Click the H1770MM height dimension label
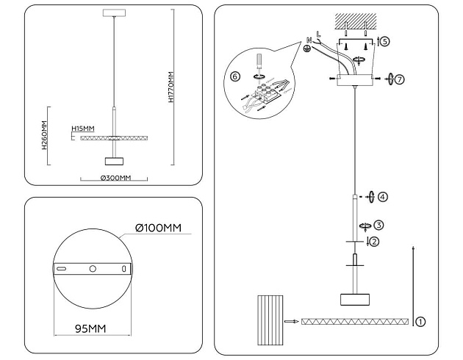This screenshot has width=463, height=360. pyautogui.click(x=171, y=87)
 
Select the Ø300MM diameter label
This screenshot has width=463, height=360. pyautogui.click(x=115, y=179)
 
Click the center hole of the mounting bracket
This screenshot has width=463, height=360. pyautogui.click(x=93, y=269)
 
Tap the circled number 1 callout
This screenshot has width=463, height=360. pyautogui.click(x=420, y=321)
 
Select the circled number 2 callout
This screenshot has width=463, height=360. pyautogui.click(x=374, y=242)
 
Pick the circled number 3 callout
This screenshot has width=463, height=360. pyautogui.click(x=378, y=226)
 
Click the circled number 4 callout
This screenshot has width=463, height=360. pyautogui.click(x=382, y=197)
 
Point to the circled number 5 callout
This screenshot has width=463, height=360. pyautogui.click(x=385, y=42)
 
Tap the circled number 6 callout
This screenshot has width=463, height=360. pyautogui.click(x=235, y=76)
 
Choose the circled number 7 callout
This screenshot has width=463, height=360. pyautogui.click(x=399, y=78)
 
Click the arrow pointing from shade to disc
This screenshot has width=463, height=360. pyautogui.click(x=292, y=322)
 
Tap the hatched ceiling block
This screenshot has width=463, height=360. pyautogui.click(x=356, y=21)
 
